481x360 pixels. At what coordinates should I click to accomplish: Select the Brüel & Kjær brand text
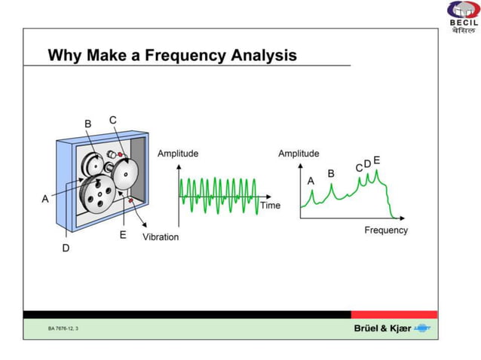coord(382,328)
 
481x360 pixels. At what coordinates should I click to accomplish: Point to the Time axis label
coord(270,205)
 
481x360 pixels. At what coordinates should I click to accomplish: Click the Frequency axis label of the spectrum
coord(385,230)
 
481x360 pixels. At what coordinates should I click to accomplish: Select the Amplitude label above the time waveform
coord(178,154)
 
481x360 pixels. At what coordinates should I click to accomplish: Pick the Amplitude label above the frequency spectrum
coord(299,154)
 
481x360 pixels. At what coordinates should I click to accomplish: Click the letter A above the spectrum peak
coord(311,181)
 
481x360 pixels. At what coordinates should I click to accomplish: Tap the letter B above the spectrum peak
coord(330,173)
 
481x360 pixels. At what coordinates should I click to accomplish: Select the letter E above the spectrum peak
coord(376,160)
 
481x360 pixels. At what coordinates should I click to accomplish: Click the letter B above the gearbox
coord(87,123)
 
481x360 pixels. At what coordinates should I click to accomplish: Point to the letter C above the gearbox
coord(112,120)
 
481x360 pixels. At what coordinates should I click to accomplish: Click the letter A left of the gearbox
coord(45,199)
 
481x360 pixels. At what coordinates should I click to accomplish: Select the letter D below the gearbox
coord(66,248)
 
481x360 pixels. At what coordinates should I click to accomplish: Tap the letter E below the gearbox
coord(123,235)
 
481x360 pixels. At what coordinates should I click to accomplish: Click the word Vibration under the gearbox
coord(161,236)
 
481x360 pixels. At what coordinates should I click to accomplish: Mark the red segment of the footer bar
coord(394,314)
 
